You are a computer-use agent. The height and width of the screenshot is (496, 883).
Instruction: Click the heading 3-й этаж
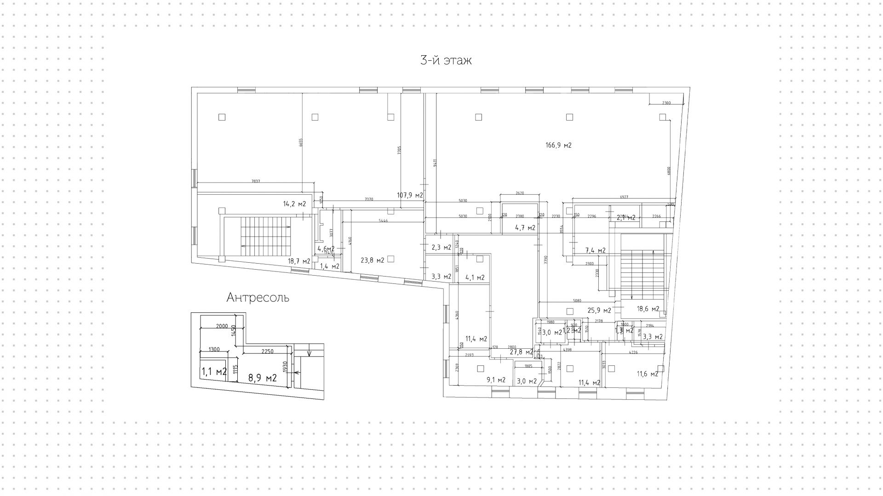(x=446, y=60)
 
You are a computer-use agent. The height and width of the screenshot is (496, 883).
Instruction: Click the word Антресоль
(x=258, y=298)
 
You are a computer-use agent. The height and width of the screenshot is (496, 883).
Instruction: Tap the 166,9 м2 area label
(x=558, y=145)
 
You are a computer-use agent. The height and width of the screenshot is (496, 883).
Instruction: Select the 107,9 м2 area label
(x=410, y=195)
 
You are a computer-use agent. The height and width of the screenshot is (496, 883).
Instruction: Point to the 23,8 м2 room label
(x=372, y=260)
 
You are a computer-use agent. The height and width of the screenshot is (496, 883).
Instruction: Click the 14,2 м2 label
(x=294, y=204)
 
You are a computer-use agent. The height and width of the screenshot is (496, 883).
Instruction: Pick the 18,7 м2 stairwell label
(x=299, y=261)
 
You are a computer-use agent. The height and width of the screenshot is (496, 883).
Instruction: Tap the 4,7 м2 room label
(x=525, y=228)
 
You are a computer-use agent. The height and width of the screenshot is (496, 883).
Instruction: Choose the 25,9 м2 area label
(x=599, y=310)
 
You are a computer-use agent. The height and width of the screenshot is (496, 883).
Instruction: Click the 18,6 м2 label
(x=648, y=309)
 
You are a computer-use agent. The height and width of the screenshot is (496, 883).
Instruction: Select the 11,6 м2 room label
(x=647, y=374)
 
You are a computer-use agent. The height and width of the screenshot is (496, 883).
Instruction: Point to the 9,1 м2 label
(x=495, y=380)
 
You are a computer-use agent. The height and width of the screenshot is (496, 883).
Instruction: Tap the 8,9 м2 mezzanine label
(x=262, y=378)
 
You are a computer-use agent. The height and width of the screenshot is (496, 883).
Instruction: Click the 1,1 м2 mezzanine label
(x=214, y=372)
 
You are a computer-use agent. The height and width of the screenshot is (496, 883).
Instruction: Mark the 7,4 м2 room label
(x=595, y=251)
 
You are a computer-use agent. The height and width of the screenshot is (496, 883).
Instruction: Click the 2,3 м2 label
(x=441, y=248)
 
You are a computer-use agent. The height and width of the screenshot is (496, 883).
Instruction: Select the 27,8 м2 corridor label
(x=521, y=352)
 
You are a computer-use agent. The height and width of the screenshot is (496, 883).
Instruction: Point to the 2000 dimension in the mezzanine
(x=222, y=327)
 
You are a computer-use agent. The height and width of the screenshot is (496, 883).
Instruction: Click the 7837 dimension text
(x=256, y=181)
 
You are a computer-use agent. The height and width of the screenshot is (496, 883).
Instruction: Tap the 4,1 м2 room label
(x=475, y=277)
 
